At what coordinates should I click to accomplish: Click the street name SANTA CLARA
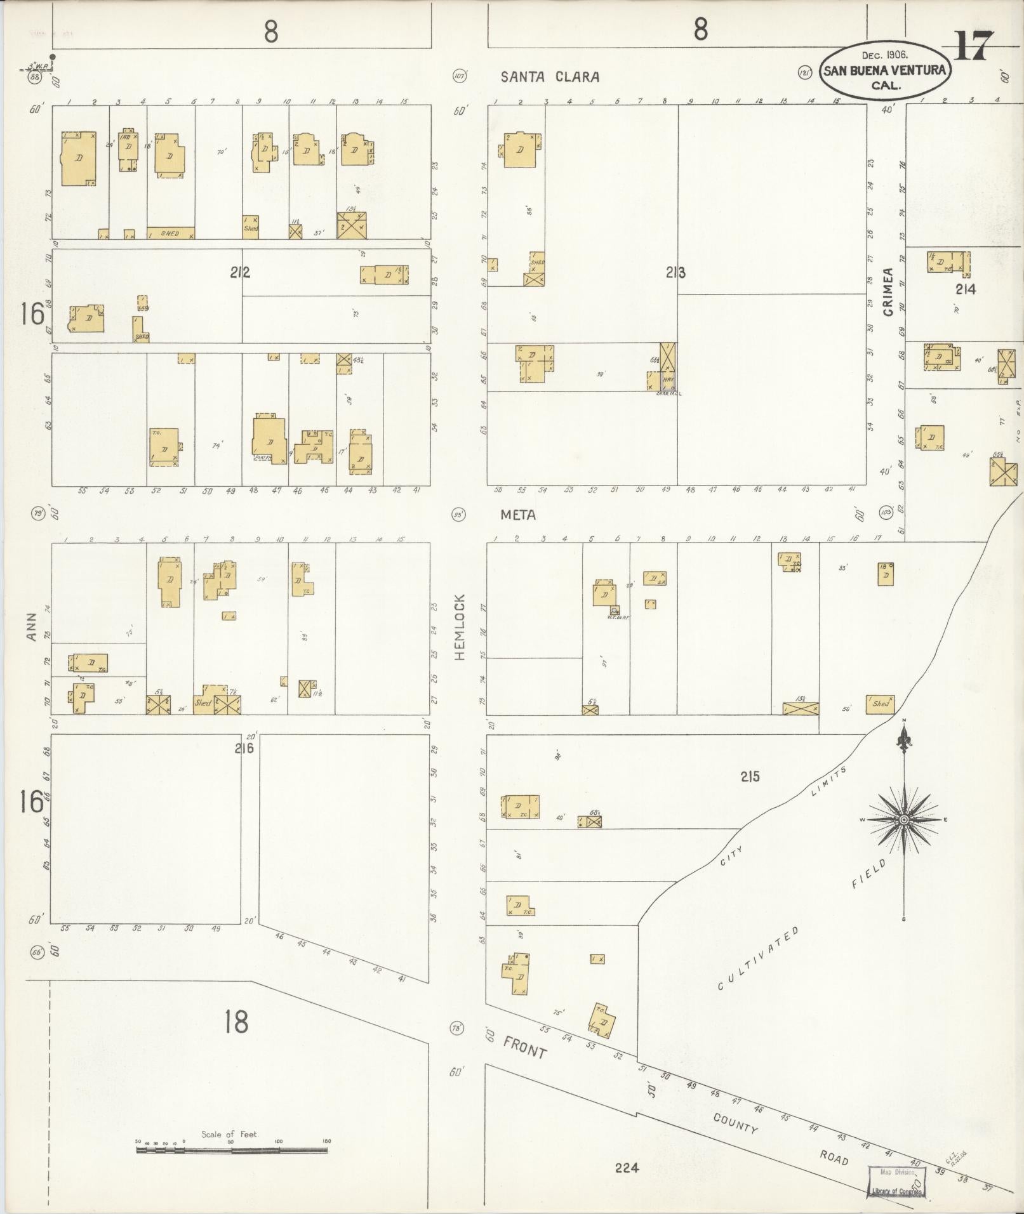[550, 77]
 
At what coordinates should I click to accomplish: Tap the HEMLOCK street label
[460, 626]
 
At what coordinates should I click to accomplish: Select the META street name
[518, 515]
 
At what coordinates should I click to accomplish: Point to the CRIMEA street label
[888, 292]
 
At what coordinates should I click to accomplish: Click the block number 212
[240, 272]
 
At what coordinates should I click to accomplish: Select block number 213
[675, 272]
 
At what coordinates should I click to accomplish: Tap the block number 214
[965, 289]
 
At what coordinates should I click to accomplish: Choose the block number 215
[749, 776]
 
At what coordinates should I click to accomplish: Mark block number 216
[244, 748]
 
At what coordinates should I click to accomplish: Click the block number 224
[627, 1167]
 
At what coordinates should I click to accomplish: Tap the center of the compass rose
[903, 819]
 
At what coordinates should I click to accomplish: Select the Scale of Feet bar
[233, 1149]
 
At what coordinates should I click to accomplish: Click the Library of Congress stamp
[896, 1182]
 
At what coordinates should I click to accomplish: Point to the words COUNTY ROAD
[780, 1134]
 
